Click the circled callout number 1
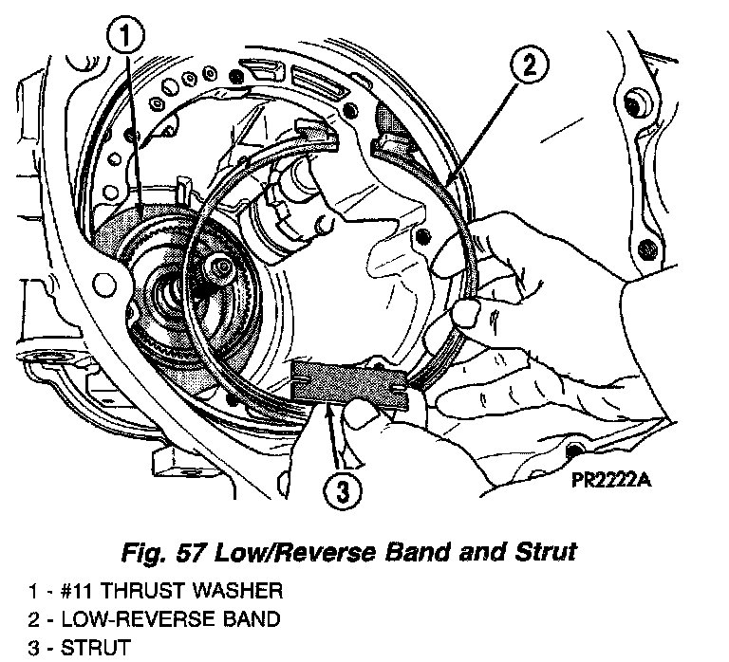127,39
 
